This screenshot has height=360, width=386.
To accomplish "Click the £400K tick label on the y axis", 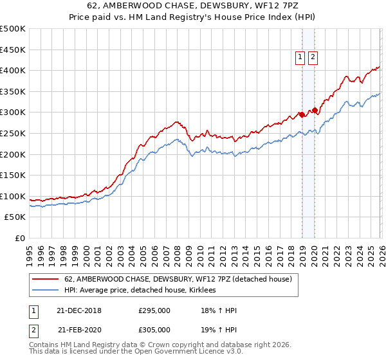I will point(13,70).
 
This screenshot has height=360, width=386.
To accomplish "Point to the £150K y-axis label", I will point(13,175).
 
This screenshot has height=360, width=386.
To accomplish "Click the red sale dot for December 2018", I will point(302,114).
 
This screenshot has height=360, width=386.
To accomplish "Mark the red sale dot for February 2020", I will point(315,110).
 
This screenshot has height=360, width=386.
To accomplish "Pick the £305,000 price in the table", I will point(154,330).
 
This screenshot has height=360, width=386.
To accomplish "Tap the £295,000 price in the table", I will point(154,310).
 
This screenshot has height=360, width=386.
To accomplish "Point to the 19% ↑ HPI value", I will point(219,330).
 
